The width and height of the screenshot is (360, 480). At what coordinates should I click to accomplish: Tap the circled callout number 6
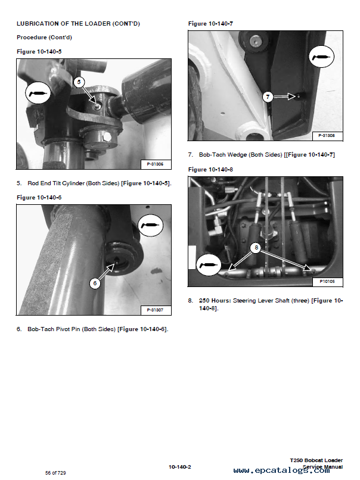pyautogui.click(x=94, y=283)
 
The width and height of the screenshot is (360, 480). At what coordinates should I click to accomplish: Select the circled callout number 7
pyautogui.click(x=268, y=96)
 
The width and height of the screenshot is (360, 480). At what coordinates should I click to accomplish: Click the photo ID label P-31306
pyautogui.click(x=155, y=164)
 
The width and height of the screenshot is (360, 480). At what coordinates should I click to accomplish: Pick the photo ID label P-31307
pyautogui.click(x=155, y=310)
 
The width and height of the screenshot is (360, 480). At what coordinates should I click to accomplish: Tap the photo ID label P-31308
pyautogui.click(x=326, y=136)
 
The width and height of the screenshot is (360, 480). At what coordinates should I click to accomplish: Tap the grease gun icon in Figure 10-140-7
pyautogui.click(x=322, y=57)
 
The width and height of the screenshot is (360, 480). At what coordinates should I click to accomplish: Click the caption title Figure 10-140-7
pyautogui.click(x=210, y=23)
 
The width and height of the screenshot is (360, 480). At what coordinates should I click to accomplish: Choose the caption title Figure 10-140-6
pyautogui.click(x=39, y=197)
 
